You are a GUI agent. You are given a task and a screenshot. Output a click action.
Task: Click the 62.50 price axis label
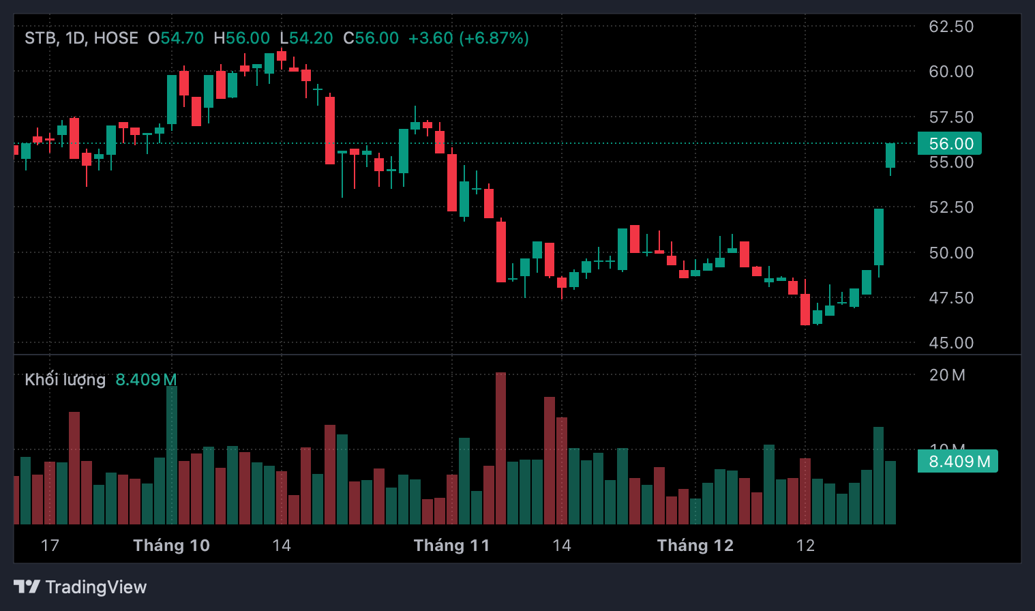tap(951, 27)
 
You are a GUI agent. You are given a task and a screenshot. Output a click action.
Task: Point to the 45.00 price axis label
tap(951, 343)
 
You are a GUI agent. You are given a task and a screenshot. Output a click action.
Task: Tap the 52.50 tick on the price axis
tap(951, 207)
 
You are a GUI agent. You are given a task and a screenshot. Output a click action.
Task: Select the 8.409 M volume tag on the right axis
tap(958, 462)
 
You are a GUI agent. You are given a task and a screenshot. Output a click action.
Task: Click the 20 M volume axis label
tap(947, 375)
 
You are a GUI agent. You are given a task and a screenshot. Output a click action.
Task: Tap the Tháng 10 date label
tap(171, 546)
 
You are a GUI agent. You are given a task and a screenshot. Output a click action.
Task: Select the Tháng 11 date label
tap(451, 546)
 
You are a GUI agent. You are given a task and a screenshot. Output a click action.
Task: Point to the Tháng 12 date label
tap(695, 546)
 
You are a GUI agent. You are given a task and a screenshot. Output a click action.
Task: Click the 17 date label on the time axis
tap(50, 546)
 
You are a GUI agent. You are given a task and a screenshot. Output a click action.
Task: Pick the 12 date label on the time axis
tap(805, 546)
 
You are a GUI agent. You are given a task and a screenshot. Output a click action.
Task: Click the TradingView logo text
tap(95, 587)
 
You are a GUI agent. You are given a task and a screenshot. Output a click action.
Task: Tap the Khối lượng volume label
tap(65, 380)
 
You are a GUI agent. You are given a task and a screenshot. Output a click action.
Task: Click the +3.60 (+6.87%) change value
tap(468, 38)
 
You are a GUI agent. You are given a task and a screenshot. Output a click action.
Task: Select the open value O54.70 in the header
tap(176, 38)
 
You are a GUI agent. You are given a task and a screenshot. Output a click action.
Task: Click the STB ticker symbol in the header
tap(40, 38)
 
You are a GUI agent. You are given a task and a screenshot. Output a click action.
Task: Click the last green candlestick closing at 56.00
tap(890, 155)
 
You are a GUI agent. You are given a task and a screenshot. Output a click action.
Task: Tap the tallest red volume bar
tap(500, 448)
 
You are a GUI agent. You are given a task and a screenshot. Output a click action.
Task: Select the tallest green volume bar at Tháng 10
tap(172, 455)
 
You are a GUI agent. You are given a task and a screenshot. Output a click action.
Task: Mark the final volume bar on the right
tap(890, 492)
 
